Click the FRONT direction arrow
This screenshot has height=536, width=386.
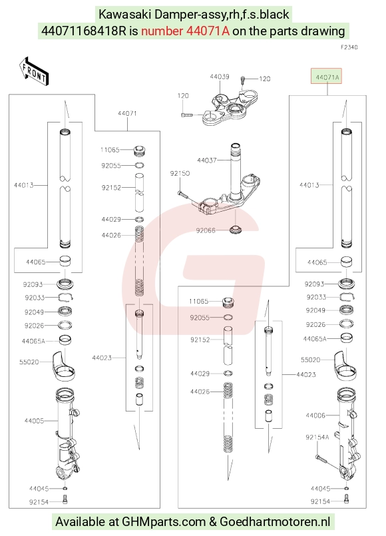click(34, 71)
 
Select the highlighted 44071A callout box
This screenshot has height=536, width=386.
click(326, 76)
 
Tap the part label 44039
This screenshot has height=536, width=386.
click(220, 77)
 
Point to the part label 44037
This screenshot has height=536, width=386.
click(207, 160)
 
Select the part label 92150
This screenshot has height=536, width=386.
click(180, 173)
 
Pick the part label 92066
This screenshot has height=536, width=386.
click(206, 230)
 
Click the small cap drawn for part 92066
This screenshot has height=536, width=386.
click(236, 229)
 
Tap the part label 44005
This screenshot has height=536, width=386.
click(34, 421)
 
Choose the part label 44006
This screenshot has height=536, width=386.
click(315, 415)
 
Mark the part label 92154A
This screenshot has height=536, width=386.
click(317, 437)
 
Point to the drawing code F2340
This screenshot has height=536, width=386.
click(349, 47)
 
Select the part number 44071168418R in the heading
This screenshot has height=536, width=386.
click(84, 31)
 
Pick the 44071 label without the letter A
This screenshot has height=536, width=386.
click(127, 113)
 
